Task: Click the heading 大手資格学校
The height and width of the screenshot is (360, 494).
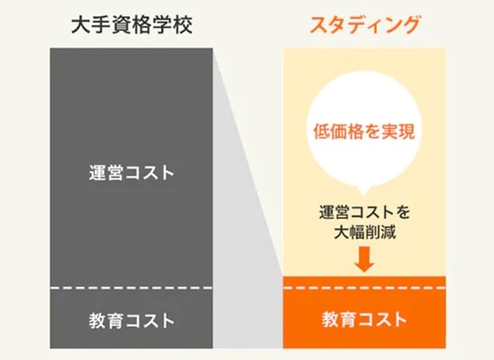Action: [132, 25]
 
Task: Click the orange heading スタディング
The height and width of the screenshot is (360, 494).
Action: [365, 25]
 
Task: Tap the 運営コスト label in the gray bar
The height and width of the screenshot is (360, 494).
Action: [132, 172]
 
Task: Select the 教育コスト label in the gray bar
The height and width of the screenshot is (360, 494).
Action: [132, 321]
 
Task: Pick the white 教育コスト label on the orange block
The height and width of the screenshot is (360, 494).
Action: [364, 319]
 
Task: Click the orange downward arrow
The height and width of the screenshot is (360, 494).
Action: [365, 259]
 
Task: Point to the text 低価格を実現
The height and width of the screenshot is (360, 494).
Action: [364, 131]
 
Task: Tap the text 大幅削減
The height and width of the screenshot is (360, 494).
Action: [365, 232]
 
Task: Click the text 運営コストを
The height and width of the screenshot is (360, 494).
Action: [365, 212]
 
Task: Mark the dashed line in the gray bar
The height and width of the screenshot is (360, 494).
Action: [132, 288]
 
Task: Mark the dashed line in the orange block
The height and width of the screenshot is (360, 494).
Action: [365, 288]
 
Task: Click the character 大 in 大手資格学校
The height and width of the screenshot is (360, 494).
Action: [81, 25]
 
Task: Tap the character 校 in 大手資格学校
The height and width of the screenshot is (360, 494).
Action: [183, 25]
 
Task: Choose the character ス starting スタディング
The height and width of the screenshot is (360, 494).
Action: [319, 25]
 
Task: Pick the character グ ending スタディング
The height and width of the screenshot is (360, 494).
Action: [410, 25]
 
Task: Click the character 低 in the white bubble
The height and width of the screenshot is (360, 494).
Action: [322, 132]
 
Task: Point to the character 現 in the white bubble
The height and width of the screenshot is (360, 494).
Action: [407, 132]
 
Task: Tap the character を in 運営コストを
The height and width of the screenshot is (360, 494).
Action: [402, 212]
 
